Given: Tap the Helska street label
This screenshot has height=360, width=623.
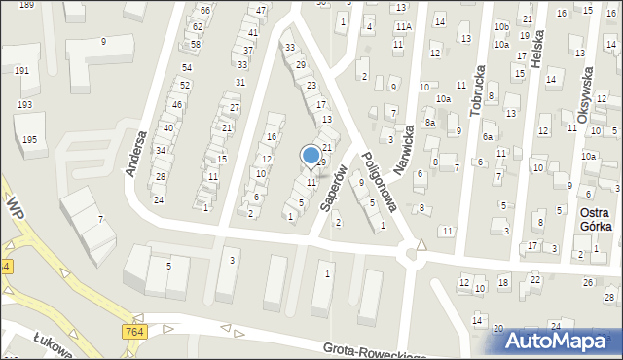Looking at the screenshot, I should tap(537, 48).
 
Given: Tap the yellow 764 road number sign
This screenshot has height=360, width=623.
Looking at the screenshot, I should tap(135, 333).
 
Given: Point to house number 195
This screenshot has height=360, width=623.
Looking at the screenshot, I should tap(30, 140).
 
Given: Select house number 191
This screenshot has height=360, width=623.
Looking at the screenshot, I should tap(20, 71).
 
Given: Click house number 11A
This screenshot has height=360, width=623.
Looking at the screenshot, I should tap(402, 27).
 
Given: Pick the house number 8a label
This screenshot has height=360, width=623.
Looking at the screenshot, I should tap(428, 123).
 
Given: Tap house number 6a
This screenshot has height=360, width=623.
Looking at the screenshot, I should tap(488, 137).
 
